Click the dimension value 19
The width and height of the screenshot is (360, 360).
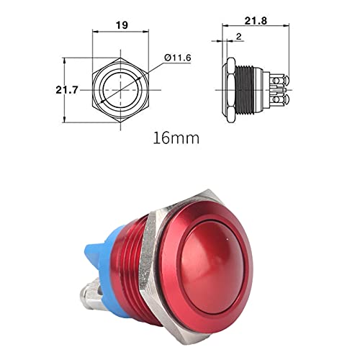122,25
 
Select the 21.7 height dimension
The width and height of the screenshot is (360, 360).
67,90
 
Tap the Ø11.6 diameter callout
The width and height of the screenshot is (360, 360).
178,58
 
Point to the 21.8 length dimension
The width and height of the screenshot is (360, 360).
256,21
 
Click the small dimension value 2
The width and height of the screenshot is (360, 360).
239,37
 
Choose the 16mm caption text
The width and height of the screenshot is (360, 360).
176,138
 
